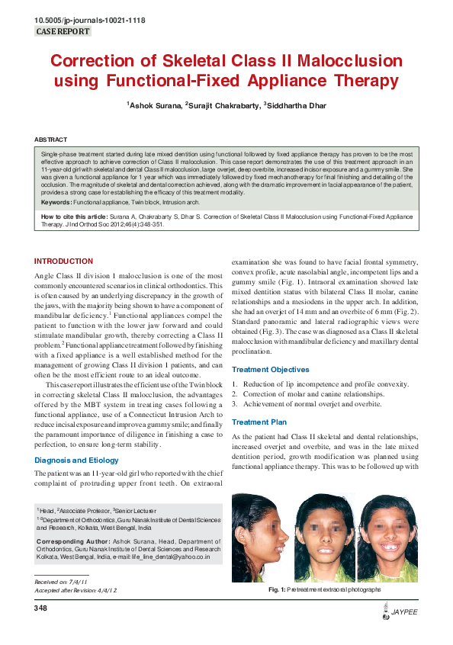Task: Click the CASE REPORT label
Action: coord(63,32)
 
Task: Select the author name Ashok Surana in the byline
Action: coord(153,105)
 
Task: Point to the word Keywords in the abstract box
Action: coord(56,202)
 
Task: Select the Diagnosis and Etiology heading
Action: coord(76,460)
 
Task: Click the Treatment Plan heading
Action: coord(259,422)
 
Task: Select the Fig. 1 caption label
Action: coord(277,590)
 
